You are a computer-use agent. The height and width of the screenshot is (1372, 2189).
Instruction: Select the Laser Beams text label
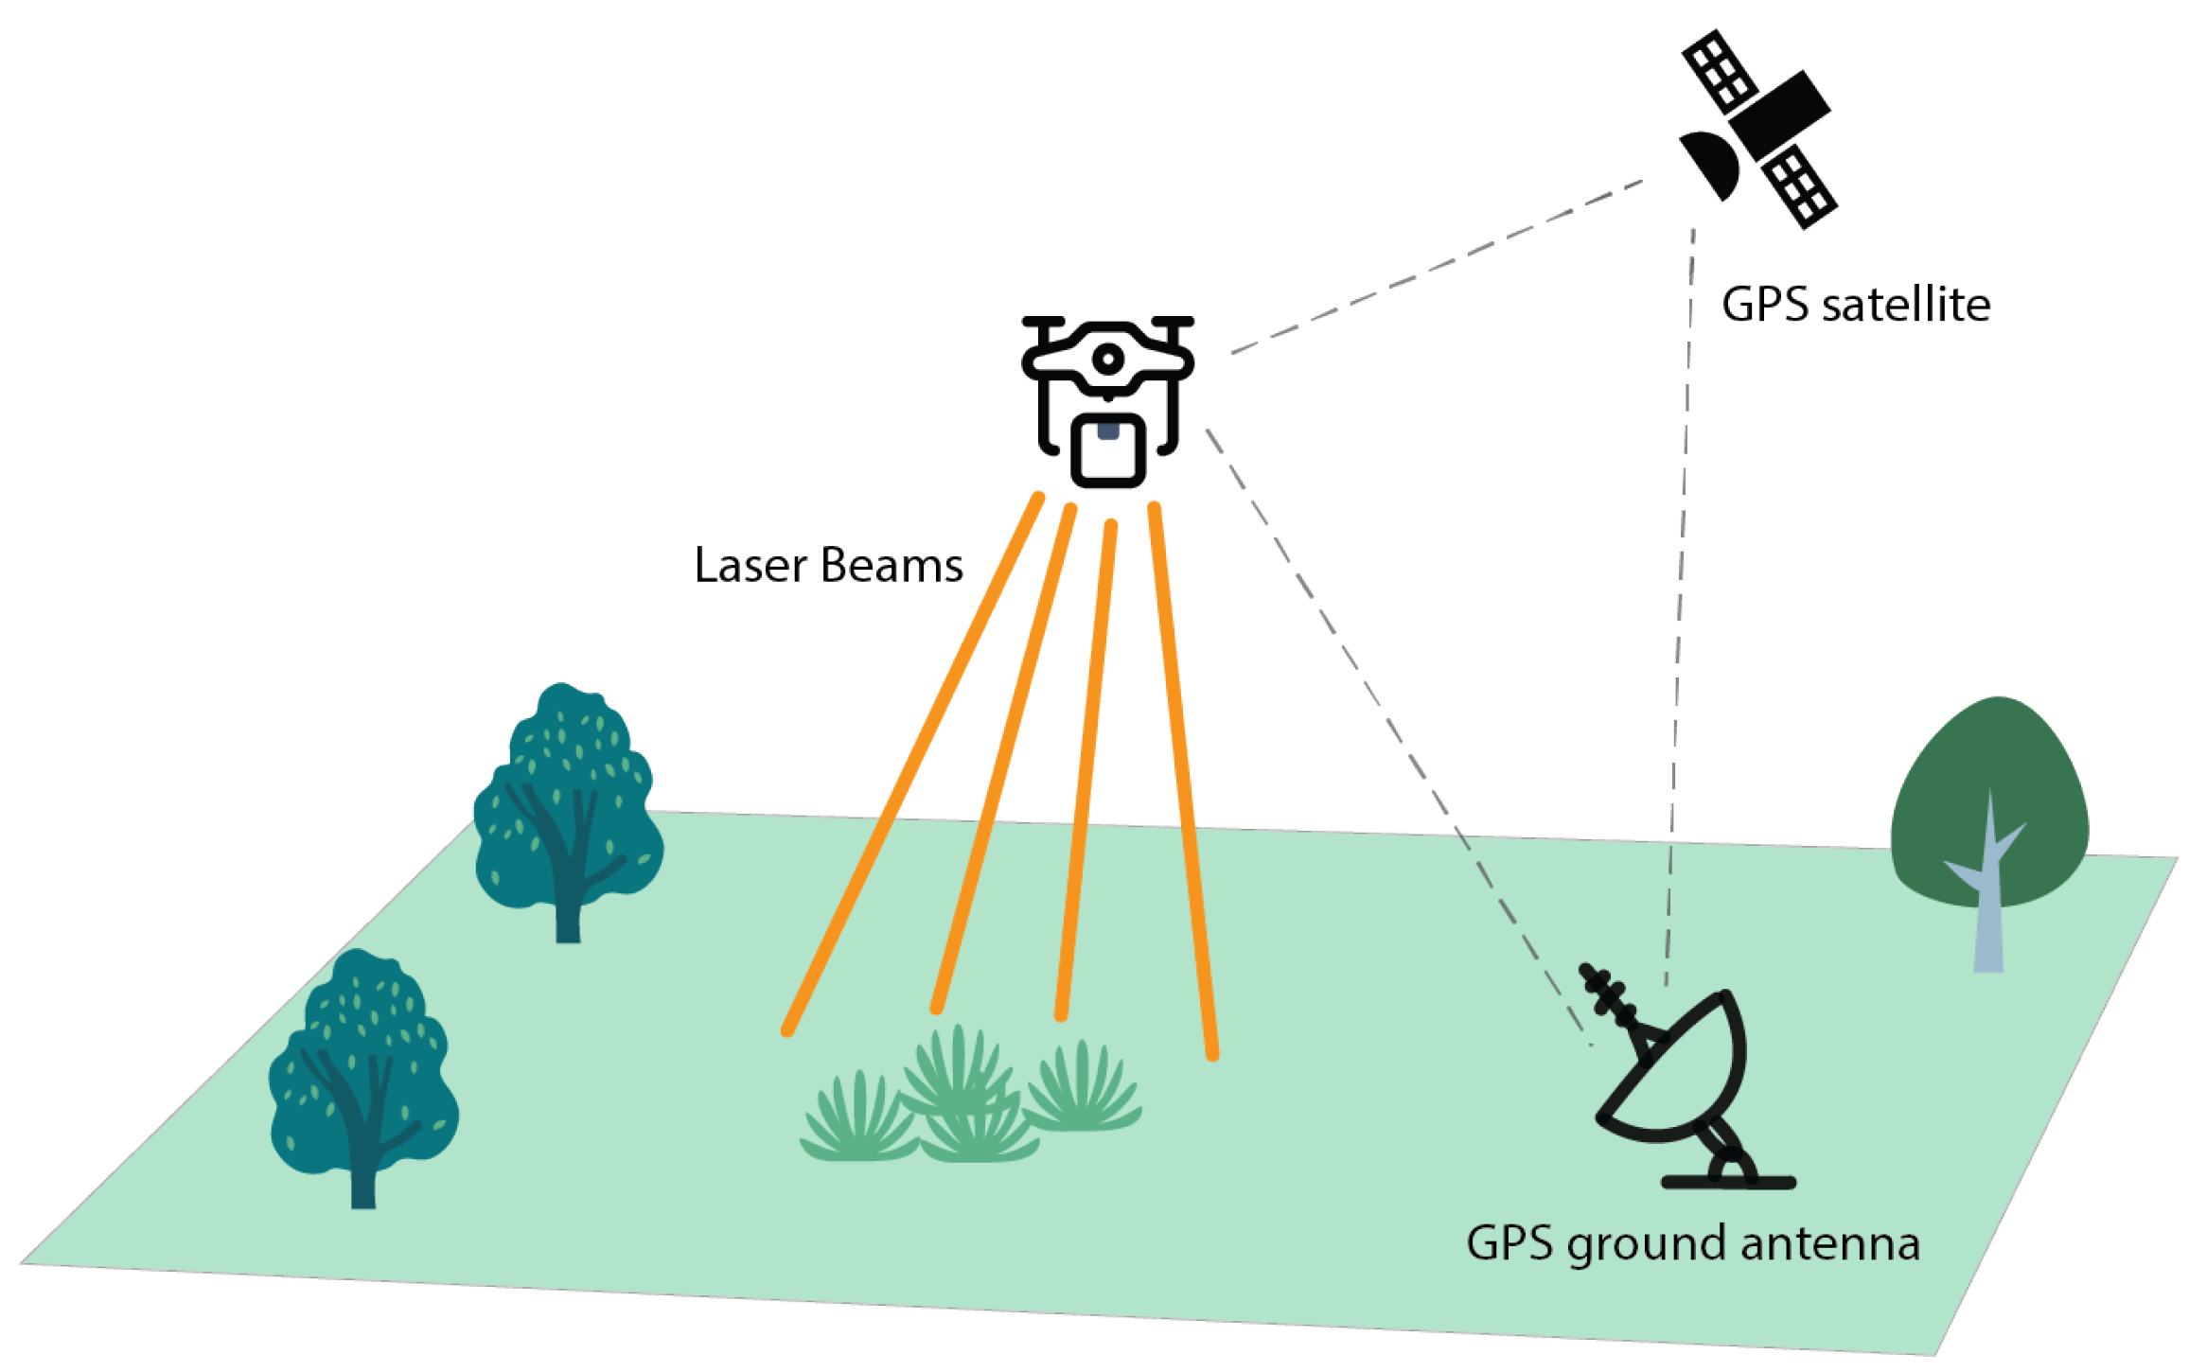coord(828,565)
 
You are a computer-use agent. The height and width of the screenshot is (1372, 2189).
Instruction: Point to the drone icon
coord(1107,397)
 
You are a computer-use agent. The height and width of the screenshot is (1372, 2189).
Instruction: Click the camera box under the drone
coord(1107,451)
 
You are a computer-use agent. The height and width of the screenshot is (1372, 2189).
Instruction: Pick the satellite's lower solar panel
coord(1798,186)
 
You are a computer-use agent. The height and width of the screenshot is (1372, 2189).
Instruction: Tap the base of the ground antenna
coord(1728,1181)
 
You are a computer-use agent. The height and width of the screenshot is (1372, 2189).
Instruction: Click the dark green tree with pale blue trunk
coord(1987,814)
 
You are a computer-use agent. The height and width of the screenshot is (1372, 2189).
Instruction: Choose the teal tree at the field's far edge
coord(568,804)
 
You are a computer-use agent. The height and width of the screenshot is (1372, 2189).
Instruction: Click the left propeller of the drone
coord(1043,323)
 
